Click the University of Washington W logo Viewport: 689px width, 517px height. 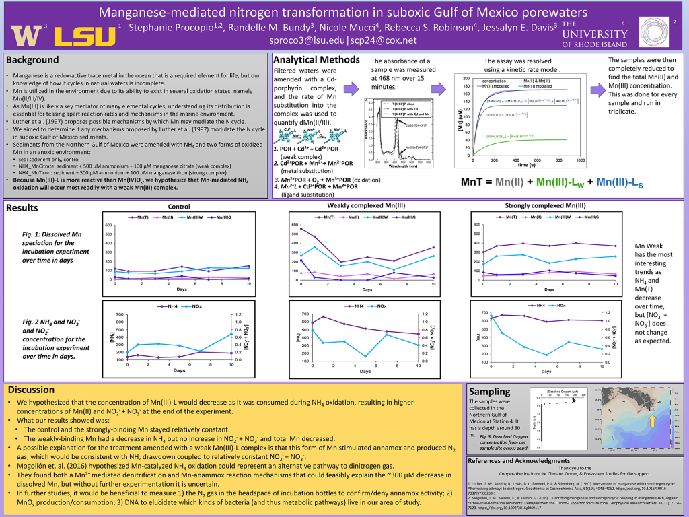pyautogui.click(x=26, y=34)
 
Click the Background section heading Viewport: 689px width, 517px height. pyautogui.click(x=32, y=60)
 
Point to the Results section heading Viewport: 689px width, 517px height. pyautogui.click(x=25, y=208)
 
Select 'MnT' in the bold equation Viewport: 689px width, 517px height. pyautogui.click(x=473, y=182)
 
